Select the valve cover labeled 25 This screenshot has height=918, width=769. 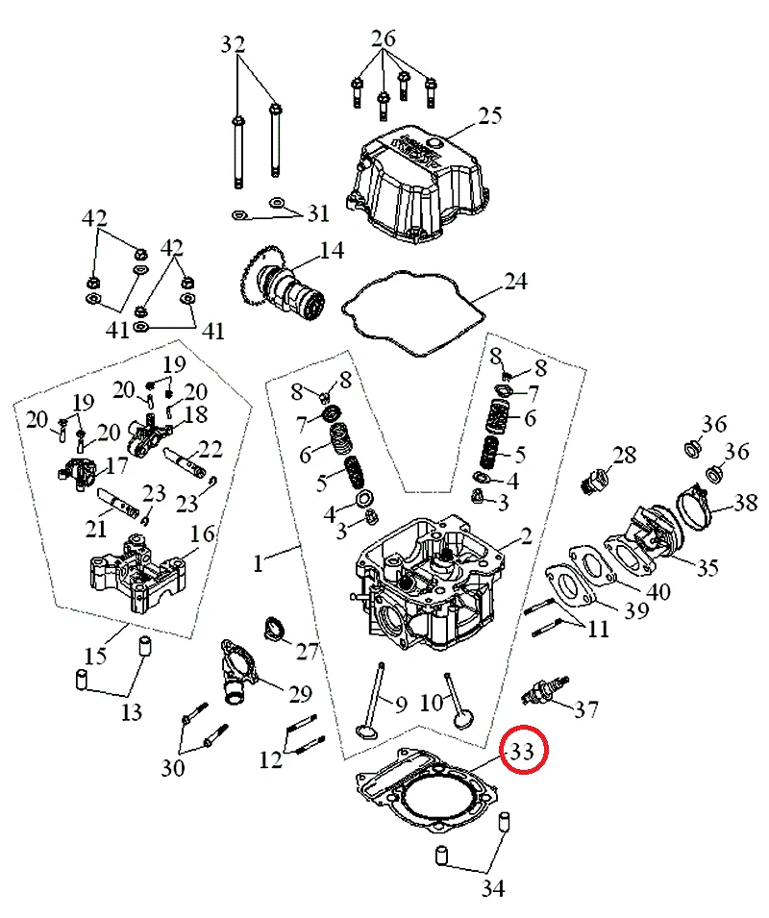[x=419, y=187]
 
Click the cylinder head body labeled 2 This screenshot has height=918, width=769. [x=433, y=582]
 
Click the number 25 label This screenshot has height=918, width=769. [x=490, y=116]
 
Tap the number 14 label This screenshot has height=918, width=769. [x=332, y=252]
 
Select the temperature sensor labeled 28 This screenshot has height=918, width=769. [x=596, y=478]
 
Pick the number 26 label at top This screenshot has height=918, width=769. [x=384, y=39]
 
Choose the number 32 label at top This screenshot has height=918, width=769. [x=234, y=44]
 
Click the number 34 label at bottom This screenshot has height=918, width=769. [x=492, y=887]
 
